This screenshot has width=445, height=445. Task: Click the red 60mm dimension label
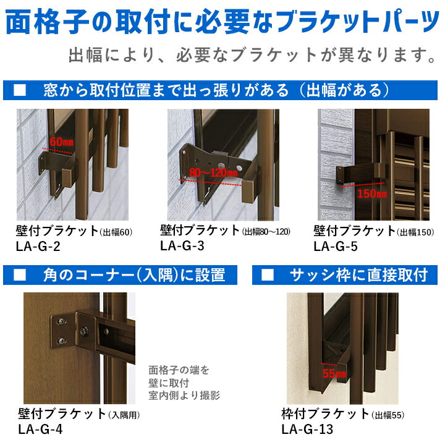[x=62, y=142]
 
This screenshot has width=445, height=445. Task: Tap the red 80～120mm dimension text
[x=213, y=172]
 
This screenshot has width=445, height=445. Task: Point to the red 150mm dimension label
[x=372, y=194]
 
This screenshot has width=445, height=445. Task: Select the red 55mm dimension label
[x=334, y=373]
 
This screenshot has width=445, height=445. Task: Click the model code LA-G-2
[x=38, y=247]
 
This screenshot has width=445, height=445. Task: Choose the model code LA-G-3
[x=182, y=246]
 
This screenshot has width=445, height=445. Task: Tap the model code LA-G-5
[x=336, y=247]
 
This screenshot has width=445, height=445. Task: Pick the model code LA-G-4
[x=40, y=429]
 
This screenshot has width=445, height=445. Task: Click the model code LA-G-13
[x=307, y=429]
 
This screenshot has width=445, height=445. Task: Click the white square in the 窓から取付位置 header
[x=20, y=90]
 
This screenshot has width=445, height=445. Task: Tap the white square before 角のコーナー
[x=20, y=274]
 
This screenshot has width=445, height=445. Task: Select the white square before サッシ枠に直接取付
[x=268, y=274]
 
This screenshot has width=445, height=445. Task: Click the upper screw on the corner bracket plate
[x=62, y=321]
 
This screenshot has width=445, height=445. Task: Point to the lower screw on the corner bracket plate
[x=62, y=341]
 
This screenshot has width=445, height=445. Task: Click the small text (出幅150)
[x=415, y=232]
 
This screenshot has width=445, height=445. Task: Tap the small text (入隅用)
[x=124, y=415]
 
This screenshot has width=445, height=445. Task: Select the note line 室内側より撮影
[x=184, y=396]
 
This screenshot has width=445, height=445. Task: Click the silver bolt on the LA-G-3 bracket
[x=220, y=166]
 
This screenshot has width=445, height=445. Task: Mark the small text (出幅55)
[x=388, y=415]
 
